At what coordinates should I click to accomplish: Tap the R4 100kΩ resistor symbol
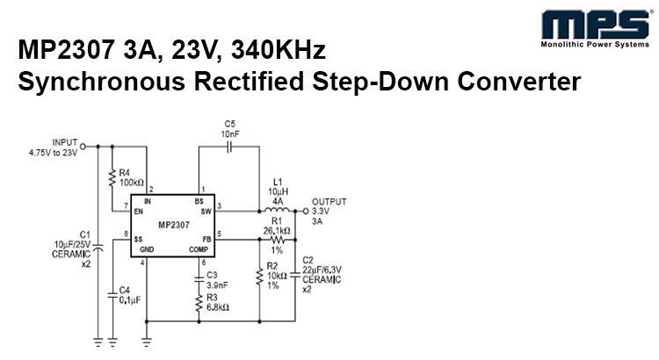point(112,178)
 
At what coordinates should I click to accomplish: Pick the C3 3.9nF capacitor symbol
point(200,279)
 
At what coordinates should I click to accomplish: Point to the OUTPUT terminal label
point(329,201)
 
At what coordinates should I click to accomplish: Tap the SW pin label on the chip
point(206,211)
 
